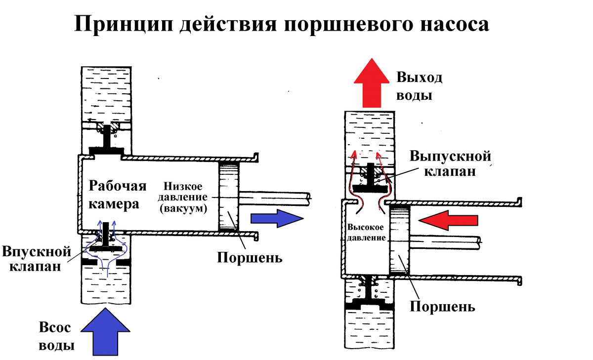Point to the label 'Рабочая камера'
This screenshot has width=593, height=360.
pyautogui.click(x=118, y=195)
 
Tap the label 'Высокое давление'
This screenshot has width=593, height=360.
pyautogui.click(x=366, y=232)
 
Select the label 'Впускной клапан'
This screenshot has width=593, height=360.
pyautogui.click(x=34, y=259)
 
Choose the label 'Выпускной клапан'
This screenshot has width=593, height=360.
pyautogui.click(x=450, y=164)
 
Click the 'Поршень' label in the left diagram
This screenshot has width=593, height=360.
pyautogui.click(x=250, y=257)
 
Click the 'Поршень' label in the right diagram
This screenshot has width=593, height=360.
pyautogui.click(x=443, y=306)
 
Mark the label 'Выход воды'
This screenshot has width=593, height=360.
pyautogui.click(x=419, y=86)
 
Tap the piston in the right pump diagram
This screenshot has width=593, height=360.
pyautogui.click(x=400, y=240)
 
